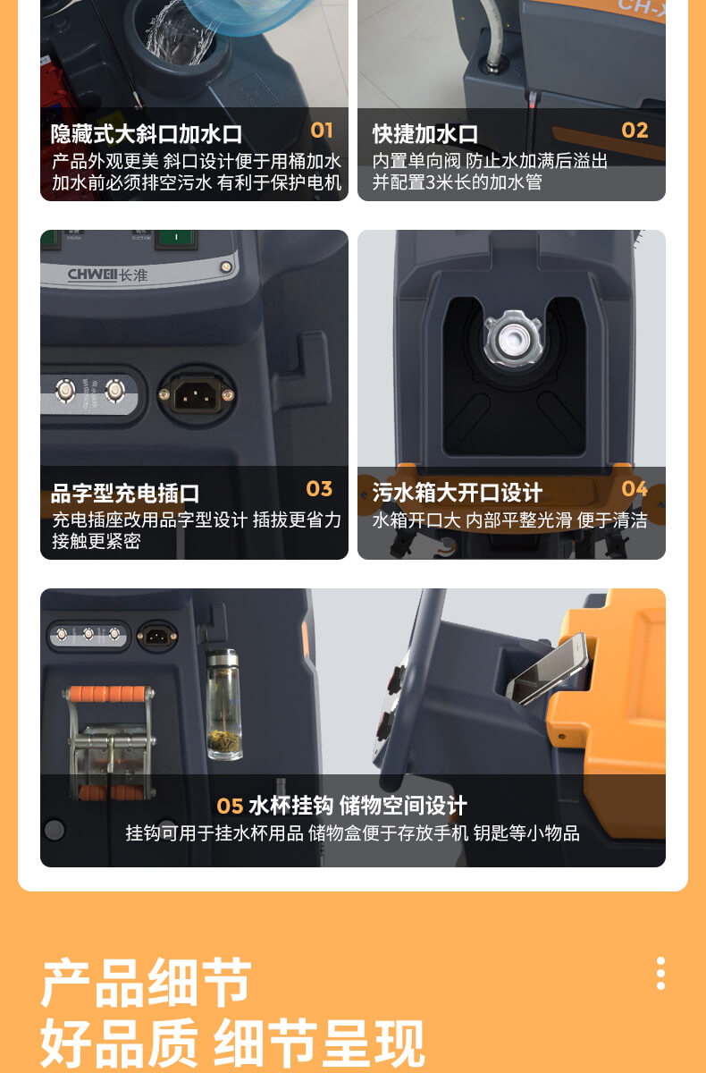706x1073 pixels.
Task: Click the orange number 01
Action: (x=322, y=131)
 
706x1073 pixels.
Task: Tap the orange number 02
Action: (x=635, y=131)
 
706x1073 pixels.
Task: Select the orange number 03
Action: (x=319, y=489)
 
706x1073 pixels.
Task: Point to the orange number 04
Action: (x=635, y=489)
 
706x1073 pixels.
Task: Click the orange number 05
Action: (x=231, y=807)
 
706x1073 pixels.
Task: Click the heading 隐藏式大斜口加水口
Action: (x=147, y=134)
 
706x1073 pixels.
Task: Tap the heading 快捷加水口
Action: (x=425, y=134)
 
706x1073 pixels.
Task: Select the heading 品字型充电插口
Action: (x=125, y=494)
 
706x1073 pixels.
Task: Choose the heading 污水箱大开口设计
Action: (x=457, y=493)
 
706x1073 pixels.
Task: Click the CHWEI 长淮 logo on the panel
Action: (x=108, y=275)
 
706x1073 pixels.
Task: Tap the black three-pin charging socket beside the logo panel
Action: (x=197, y=395)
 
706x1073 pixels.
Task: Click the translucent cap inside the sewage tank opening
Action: (x=513, y=338)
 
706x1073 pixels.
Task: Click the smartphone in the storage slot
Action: (x=548, y=669)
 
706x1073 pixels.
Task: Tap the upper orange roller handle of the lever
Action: (x=108, y=694)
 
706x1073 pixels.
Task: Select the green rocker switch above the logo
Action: (x=176, y=239)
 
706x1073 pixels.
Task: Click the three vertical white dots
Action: (x=660, y=973)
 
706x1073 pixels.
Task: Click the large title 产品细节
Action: (x=147, y=982)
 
